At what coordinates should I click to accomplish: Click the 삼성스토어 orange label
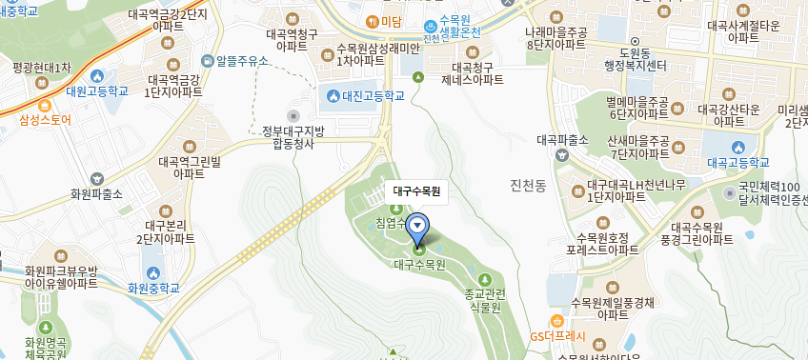click(x=45, y=120)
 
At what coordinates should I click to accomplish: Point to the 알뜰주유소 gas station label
click(x=242, y=61)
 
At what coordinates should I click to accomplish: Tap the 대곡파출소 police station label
click(x=564, y=139)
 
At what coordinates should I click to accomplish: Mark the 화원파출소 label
click(x=96, y=193)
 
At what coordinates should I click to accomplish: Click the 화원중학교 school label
click(x=153, y=287)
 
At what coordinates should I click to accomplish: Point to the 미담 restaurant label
click(x=391, y=21)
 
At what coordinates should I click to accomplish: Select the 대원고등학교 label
click(x=97, y=91)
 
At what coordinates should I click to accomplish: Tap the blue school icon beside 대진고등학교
click(x=332, y=95)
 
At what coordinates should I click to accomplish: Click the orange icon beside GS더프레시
click(x=556, y=321)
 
